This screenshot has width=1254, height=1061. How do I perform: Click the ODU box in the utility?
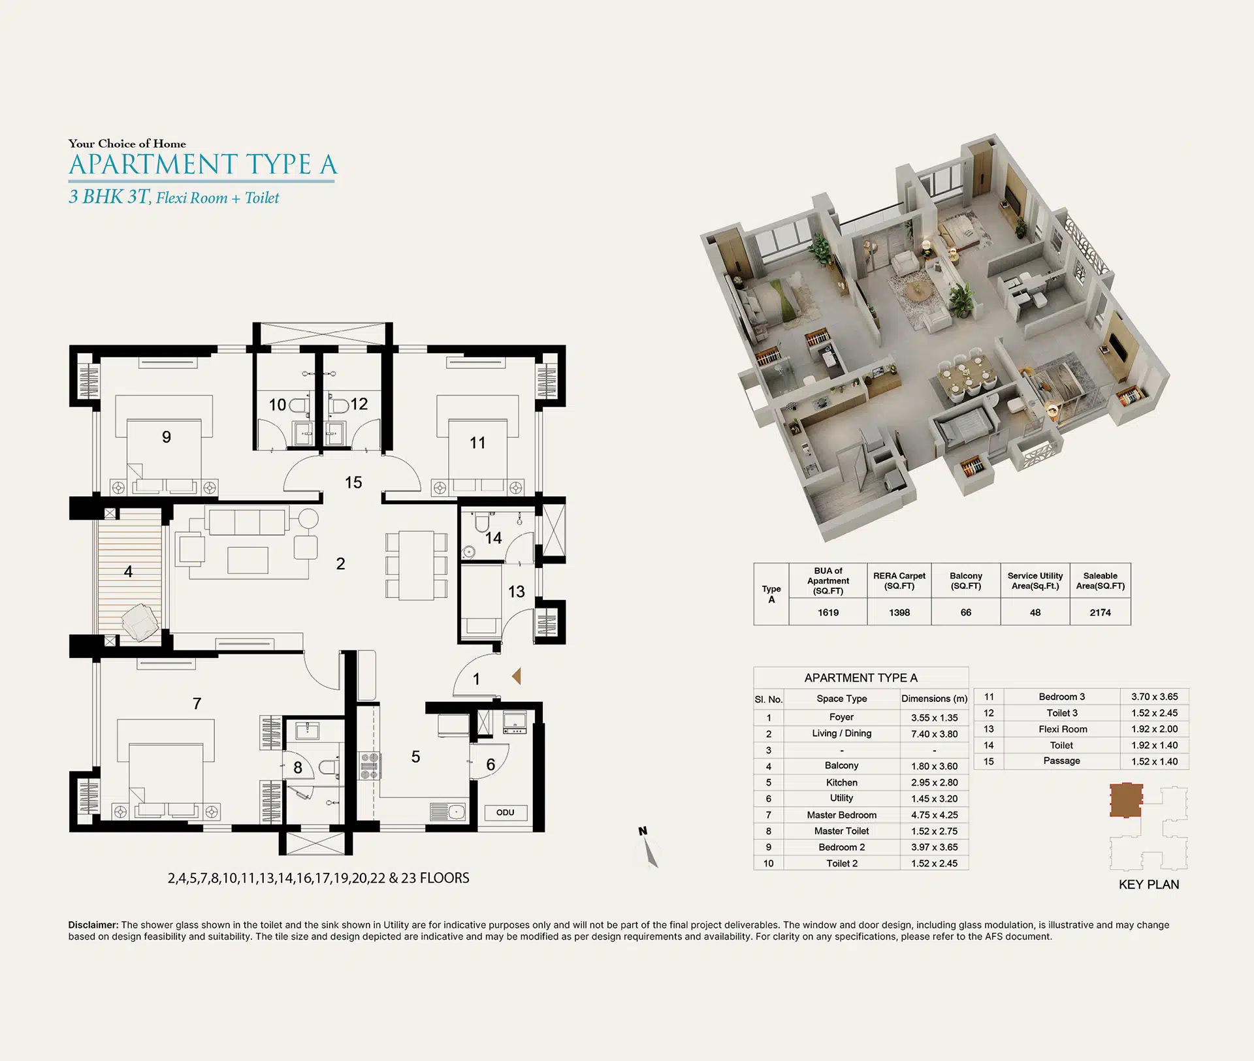pyautogui.click(x=506, y=813)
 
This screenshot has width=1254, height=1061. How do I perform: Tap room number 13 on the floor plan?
pyautogui.click(x=517, y=592)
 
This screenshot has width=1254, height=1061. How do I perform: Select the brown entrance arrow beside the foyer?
pyautogui.click(x=517, y=676)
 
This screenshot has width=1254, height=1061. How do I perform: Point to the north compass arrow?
pyautogui.click(x=649, y=851)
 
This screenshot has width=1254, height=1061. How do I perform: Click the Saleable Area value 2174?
pyautogui.click(x=1100, y=612)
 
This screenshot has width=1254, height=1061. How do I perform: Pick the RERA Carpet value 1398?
pyautogui.click(x=899, y=612)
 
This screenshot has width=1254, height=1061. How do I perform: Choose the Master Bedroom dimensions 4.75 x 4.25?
pyautogui.click(x=935, y=815)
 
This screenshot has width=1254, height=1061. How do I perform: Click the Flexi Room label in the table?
pyautogui.click(x=1063, y=729)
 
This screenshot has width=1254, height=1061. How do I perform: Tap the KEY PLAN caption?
pyautogui.click(x=1149, y=885)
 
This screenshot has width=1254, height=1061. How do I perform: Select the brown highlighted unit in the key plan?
pyautogui.click(x=1126, y=800)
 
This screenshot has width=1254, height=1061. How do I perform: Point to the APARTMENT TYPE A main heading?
pyautogui.click(x=202, y=165)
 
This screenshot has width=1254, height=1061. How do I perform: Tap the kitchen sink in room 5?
pyautogui.click(x=448, y=812)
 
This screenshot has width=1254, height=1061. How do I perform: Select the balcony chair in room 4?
pyautogui.click(x=140, y=622)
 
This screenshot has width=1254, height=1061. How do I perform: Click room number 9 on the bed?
pyautogui.click(x=167, y=437)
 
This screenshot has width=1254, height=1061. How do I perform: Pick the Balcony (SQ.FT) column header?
pyautogui.click(x=966, y=580)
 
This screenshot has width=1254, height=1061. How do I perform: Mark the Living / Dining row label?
pyautogui.click(x=841, y=734)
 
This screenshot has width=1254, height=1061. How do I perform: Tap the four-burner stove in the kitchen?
pyautogui.click(x=370, y=765)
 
